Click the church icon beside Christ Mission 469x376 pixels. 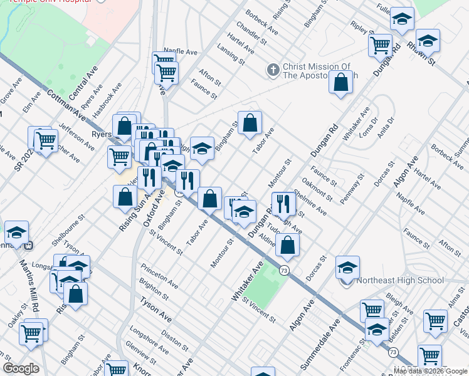coord(272,70)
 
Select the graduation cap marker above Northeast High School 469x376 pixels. coord(347,267)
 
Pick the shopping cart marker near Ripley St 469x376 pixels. coord(380,45)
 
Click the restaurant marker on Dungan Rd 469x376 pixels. coord(283,203)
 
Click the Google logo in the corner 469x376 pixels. coord(21,368)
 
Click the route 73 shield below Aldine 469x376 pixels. coord(285,270)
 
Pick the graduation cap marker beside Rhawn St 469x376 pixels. coord(428,41)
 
